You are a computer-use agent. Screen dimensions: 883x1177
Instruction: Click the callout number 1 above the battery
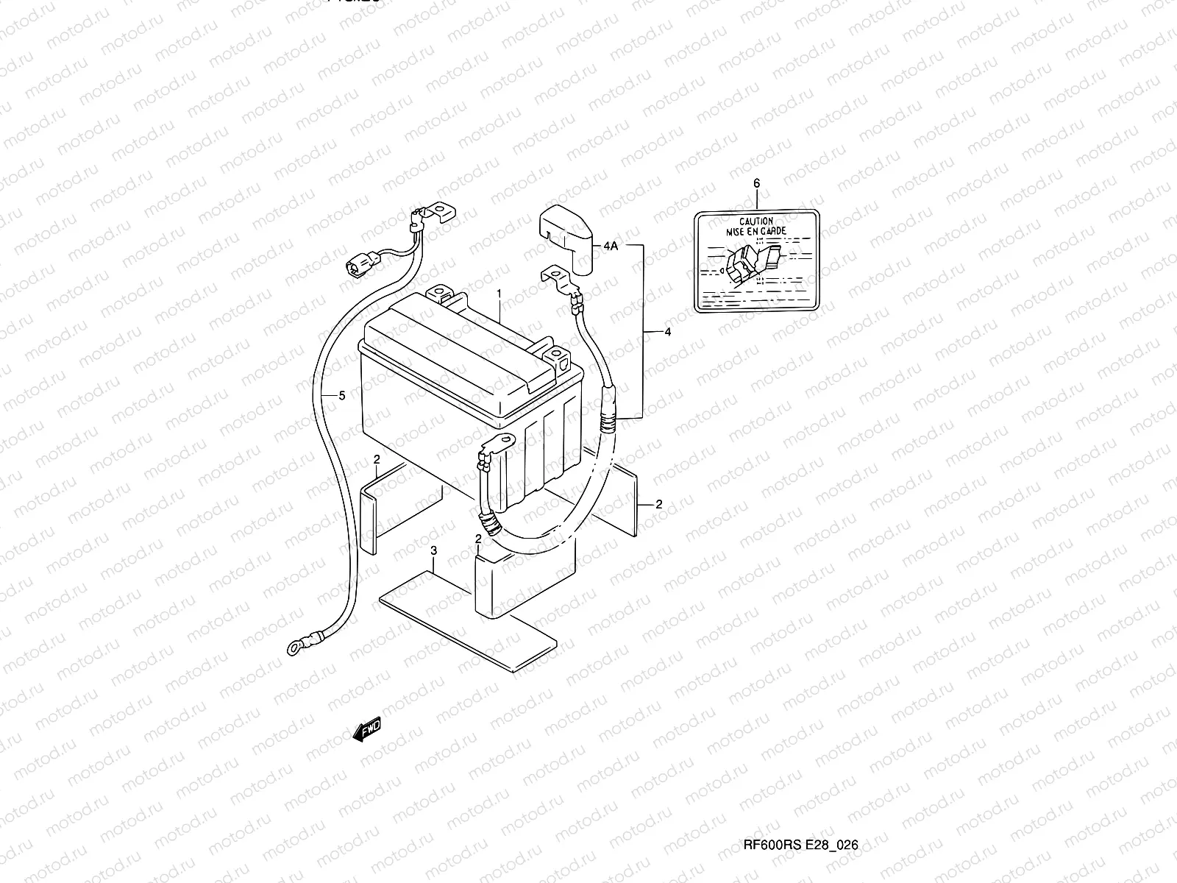(499, 294)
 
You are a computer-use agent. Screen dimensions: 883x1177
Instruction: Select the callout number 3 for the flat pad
(434, 550)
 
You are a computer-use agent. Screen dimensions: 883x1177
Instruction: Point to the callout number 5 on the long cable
(341, 396)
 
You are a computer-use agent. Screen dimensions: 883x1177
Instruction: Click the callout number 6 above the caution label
(756, 182)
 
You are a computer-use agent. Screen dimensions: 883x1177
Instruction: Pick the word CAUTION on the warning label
(756, 221)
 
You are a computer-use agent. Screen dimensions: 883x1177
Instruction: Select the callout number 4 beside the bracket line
(667, 333)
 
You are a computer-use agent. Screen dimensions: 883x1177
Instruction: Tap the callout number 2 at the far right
(658, 504)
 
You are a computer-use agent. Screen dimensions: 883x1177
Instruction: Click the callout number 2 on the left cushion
(376, 460)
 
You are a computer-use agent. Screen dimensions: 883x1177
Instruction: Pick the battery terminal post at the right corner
(558, 358)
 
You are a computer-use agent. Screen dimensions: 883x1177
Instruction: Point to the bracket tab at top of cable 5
(440, 212)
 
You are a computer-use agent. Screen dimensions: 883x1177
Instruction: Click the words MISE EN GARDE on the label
(756, 231)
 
